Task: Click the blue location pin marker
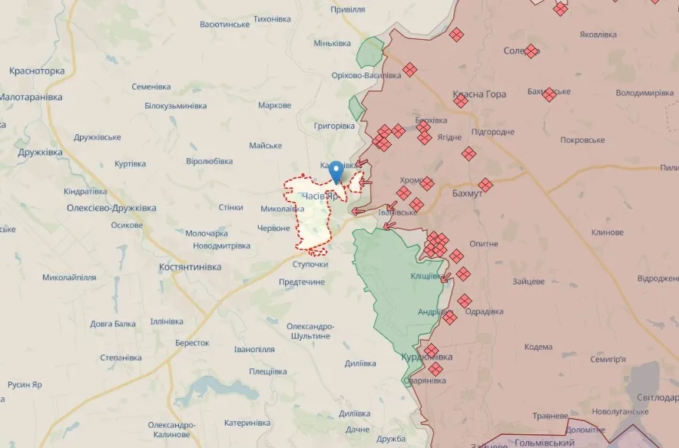336,171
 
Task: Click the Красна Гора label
480,94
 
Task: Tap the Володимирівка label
644,93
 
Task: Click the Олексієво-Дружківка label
111,208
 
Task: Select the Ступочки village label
310,265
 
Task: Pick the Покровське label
582,140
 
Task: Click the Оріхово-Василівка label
366,75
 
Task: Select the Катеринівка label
247,423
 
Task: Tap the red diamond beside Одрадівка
464,301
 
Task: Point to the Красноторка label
37,71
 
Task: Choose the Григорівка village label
335,125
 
